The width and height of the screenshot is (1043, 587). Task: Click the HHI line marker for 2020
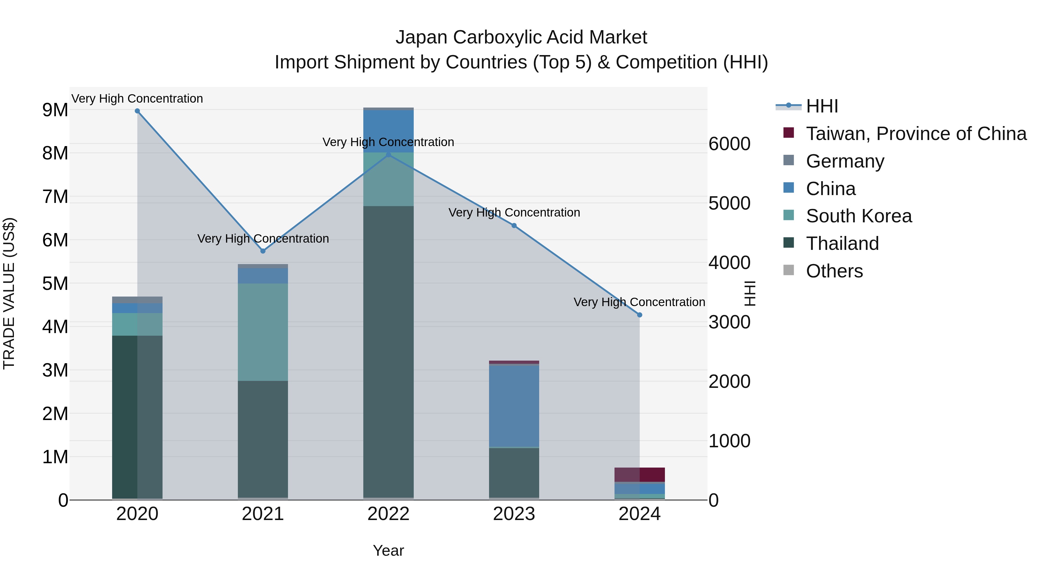[x=137, y=111]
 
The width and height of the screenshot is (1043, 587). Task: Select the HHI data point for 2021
[x=263, y=251]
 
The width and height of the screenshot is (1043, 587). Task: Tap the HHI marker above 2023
[x=514, y=226]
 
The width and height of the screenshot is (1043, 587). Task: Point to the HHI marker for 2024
[x=640, y=315]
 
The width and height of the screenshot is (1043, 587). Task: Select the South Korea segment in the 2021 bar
[x=263, y=332]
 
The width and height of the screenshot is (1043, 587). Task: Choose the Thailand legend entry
[x=842, y=243]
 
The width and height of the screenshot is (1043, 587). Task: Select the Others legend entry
[x=834, y=271]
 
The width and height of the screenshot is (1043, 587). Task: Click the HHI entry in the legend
[x=822, y=106]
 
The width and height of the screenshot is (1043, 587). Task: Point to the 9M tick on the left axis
[x=55, y=110]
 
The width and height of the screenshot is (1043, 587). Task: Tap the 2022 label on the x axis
[x=388, y=514]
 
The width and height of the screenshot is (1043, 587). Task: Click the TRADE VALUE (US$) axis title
[x=9, y=293]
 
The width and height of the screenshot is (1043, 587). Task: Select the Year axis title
[x=388, y=550]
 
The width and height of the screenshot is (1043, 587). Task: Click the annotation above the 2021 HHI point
[x=263, y=239]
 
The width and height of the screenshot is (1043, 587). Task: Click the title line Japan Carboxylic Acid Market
[x=521, y=37]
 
